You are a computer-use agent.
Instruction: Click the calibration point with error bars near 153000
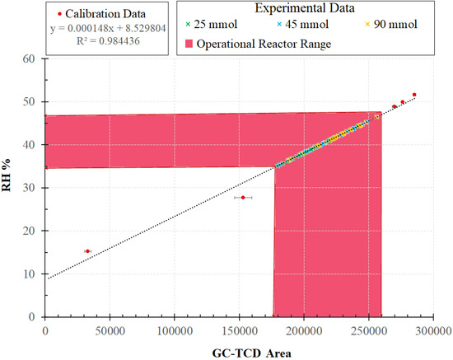pos(243,198)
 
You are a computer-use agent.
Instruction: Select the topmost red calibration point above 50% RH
pos(414,95)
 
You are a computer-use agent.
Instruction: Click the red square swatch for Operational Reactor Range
pos(187,43)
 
